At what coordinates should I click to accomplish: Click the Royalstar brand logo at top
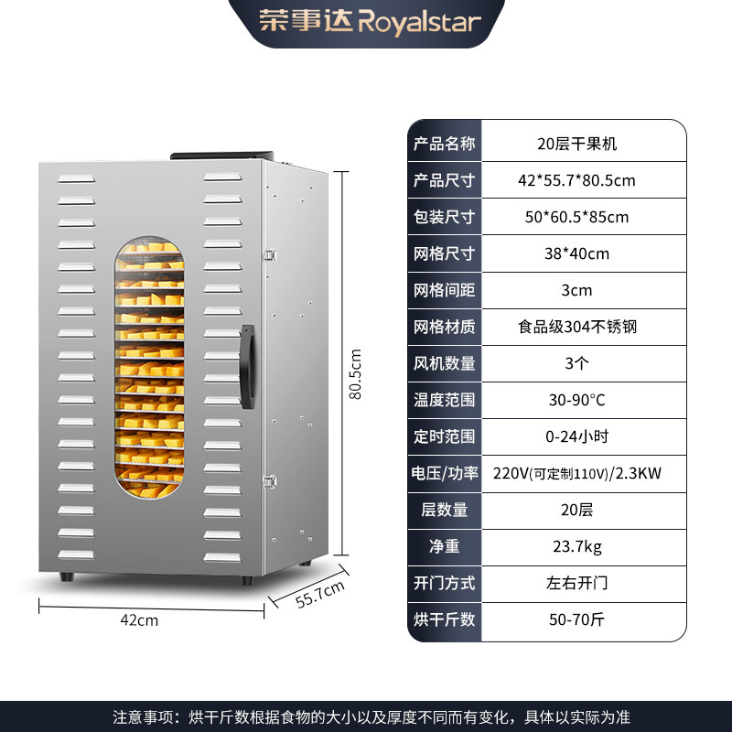[x=370, y=21]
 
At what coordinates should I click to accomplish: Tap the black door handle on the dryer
[x=247, y=367]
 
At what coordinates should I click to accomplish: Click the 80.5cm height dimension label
[x=355, y=374]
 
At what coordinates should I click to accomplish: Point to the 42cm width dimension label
[x=139, y=620]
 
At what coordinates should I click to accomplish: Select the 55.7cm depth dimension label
[x=320, y=594]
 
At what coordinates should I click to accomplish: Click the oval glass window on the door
[x=149, y=367]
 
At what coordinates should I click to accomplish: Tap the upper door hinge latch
[x=270, y=255]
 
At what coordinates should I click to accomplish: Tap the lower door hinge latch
[x=270, y=481]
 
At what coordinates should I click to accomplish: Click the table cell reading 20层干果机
[x=577, y=144]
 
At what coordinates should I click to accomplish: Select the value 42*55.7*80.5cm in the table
[x=577, y=180]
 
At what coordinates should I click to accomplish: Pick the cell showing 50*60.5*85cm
[x=577, y=217]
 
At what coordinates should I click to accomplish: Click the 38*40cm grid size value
[x=577, y=253]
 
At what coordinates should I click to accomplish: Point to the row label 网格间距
[x=444, y=290]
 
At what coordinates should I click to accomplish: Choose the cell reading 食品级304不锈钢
[x=577, y=327]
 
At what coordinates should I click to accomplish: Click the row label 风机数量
[x=444, y=363]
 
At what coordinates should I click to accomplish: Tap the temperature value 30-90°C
[x=577, y=400]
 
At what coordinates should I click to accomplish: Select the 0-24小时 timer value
[x=577, y=436]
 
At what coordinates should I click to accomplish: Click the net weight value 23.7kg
[x=577, y=546]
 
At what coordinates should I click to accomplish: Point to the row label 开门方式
[x=444, y=583]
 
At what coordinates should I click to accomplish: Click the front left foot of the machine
[x=67, y=576]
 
